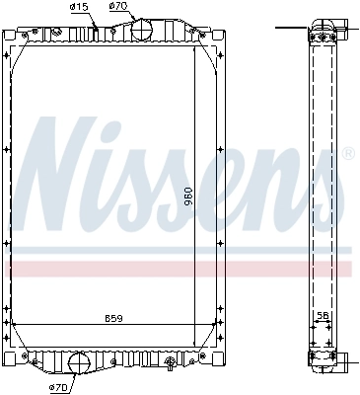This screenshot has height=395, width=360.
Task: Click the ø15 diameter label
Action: coord(80,7)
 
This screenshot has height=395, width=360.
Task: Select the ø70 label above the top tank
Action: coord(118,7)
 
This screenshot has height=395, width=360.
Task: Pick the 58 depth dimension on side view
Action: coord(321,317)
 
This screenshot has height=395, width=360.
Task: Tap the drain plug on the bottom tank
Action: coord(171,360)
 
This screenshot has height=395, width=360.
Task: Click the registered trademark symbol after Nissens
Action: coord(347,154)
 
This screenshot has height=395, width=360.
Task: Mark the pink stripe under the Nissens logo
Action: coord(178,269)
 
